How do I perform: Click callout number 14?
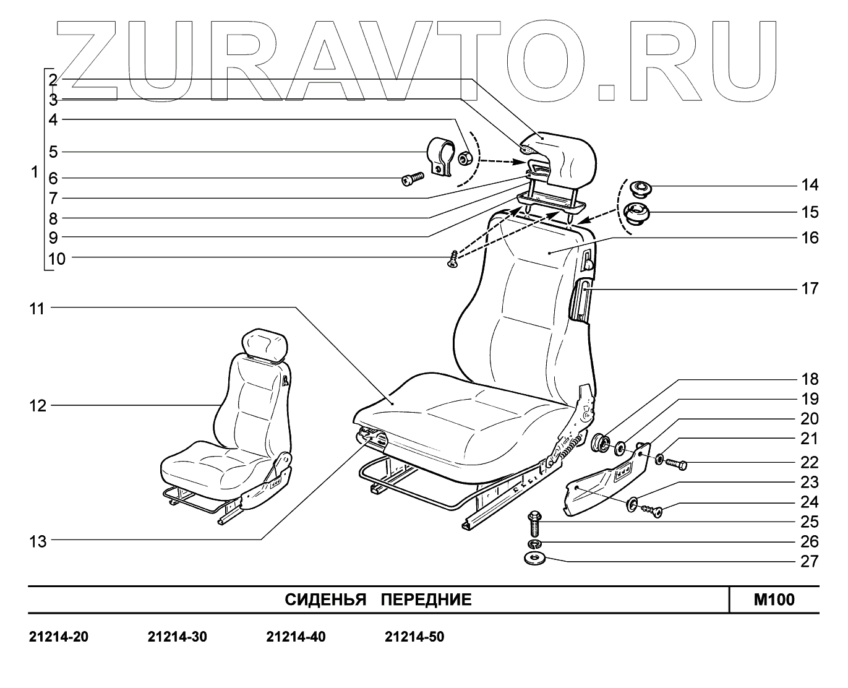[810, 185]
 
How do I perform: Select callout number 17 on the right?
[810, 288]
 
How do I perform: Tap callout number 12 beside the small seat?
[38, 406]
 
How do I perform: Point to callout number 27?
[810, 561]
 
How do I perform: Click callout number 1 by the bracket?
[35, 171]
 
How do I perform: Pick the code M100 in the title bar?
[774, 600]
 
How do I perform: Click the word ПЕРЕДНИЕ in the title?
[426, 600]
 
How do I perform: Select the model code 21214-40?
[296, 637]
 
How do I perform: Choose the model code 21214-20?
[59, 637]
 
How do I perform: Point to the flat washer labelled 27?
[534, 559]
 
